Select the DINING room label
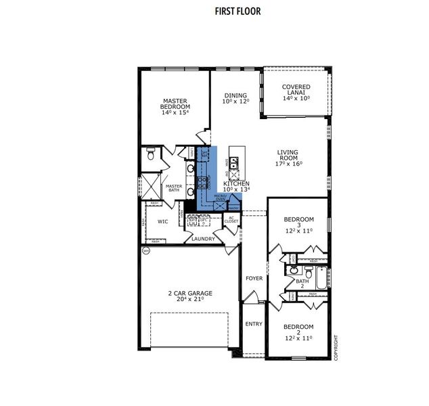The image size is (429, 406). pyautogui.click(x=235, y=98)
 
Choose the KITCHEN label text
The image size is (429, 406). pyautogui.click(x=236, y=187)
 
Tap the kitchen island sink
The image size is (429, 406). pyautogui.click(x=233, y=162)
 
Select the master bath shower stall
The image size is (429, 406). pyautogui.click(x=149, y=185)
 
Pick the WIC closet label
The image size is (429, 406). pyautogui.click(x=162, y=221)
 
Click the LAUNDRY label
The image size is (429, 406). pyautogui.click(x=203, y=238)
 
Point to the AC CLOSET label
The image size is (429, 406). pyautogui.click(x=231, y=220)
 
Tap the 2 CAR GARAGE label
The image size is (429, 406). pyautogui.click(x=190, y=296)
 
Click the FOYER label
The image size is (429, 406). pyautogui.click(x=254, y=278)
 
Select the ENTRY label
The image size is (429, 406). pyautogui.click(x=253, y=324)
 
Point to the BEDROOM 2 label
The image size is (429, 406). pyautogui.click(x=298, y=332)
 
